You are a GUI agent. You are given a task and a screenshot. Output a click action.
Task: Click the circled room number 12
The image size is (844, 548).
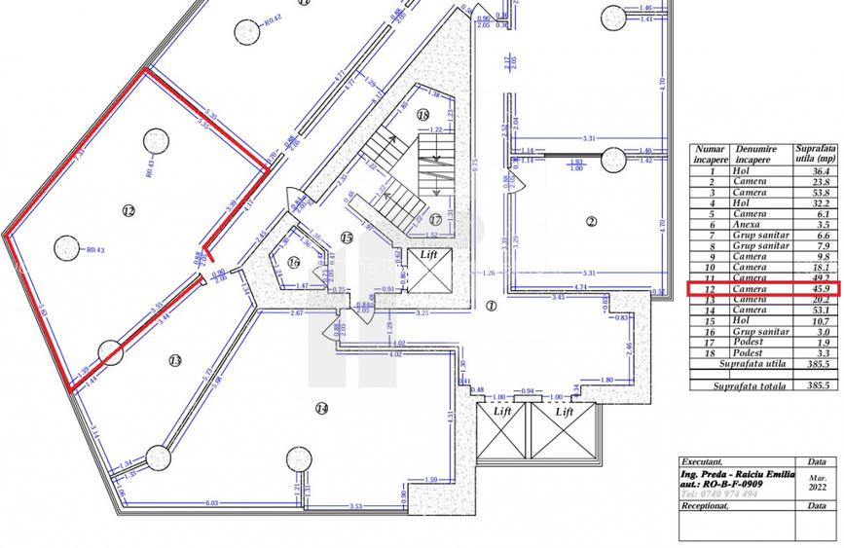pos(128,210)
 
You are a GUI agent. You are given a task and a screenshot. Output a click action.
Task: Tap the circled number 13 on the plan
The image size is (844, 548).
pos(175,361)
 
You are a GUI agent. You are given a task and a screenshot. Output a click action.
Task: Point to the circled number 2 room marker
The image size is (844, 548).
pos(591,221)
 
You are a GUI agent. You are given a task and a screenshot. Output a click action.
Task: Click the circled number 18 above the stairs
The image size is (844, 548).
pos(422,115)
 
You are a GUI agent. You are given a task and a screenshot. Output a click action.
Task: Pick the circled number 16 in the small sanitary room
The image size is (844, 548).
pos(295,262)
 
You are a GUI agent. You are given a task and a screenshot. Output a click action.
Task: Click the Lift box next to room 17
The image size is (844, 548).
pos(428,255)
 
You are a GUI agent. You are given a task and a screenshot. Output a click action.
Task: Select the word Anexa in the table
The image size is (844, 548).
pos(750,225)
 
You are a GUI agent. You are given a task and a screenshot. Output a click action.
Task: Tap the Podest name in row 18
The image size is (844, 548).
pos(750,352)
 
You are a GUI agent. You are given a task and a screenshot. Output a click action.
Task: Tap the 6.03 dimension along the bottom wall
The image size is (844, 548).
pos(212,503)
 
